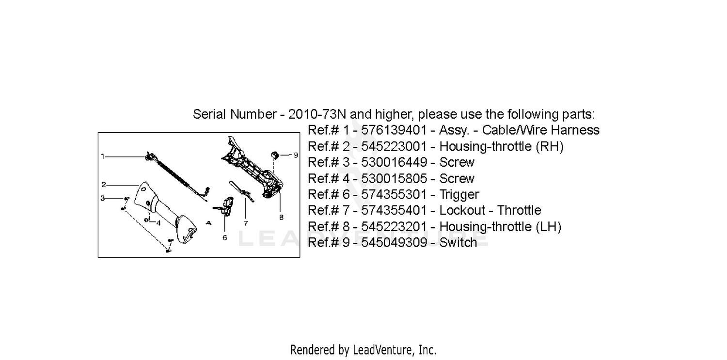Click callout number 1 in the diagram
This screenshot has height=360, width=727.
point(103,157)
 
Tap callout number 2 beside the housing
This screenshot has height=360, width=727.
point(104,185)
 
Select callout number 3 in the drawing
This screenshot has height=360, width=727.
point(103,198)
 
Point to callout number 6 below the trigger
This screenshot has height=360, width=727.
point(224,238)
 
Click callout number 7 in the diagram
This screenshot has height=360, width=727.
point(246,223)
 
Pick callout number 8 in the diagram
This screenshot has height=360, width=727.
point(281,217)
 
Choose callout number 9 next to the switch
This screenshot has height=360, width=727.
point(296,155)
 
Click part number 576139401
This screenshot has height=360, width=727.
point(394,130)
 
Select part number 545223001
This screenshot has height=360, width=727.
point(394,146)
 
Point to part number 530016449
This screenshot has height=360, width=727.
point(394,162)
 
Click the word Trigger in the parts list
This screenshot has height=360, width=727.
point(459,195)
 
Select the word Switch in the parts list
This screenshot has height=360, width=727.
point(458,243)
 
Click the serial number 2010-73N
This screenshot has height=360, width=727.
point(317,114)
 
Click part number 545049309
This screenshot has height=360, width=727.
point(394,243)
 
